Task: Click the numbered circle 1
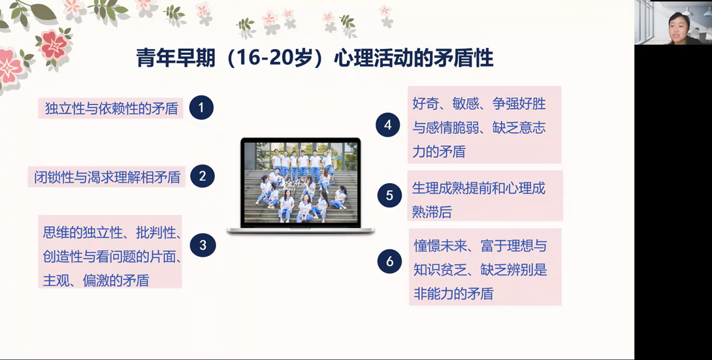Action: point(202,108)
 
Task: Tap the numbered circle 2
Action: point(202,176)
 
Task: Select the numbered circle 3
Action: point(202,245)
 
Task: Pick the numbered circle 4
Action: point(388,124)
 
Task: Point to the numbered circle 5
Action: point(389,195)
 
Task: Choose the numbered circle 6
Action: point(389,261)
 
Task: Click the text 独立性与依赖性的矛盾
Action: point(111,108)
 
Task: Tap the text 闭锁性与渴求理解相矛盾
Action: point(107,176)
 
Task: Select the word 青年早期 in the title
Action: point(175,58)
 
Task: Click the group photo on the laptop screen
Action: point(300,182)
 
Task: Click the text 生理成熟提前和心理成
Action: point(479,188)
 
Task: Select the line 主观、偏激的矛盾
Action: point(96,280)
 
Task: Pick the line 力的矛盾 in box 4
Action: point(439,152)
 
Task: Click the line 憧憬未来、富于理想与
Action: point(480,246)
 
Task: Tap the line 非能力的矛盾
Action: point(453,294)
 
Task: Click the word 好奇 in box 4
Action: point(425,104)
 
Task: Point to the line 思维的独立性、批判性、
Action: point(112,233)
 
